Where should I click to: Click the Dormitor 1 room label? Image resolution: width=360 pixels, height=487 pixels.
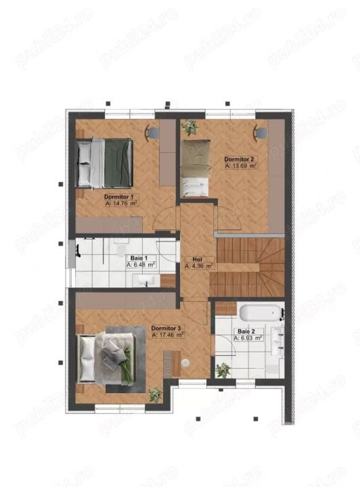coord(118,197)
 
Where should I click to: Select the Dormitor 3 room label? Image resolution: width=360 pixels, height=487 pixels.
coord(166,328)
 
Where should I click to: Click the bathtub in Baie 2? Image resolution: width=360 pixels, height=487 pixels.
coord(260,312)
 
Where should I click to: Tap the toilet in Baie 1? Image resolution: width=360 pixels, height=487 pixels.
coord(120,249)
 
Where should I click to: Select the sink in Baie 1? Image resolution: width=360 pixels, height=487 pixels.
coord(143,281)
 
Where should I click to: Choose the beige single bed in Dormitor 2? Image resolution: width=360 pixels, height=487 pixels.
coord(195,168)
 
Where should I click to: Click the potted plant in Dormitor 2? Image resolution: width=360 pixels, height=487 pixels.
coord(189,127)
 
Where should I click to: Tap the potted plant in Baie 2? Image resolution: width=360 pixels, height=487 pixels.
coord(223,370)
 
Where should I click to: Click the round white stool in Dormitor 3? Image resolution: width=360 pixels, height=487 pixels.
coord(186,363)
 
